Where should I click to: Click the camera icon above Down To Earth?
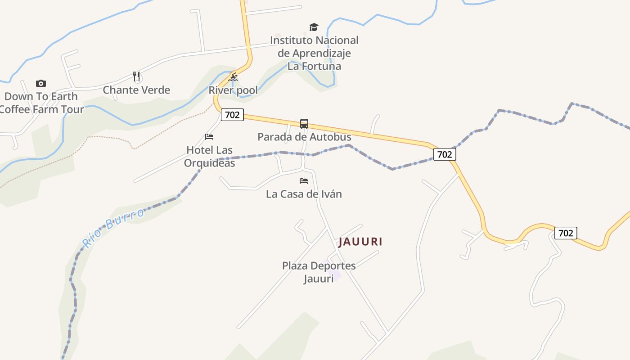click(40, 83)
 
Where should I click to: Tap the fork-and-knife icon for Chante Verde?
click(137, 76)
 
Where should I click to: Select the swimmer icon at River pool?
click(233, 77)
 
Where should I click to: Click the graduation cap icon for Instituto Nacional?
click(314, 27)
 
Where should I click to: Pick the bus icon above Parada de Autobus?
click(304, 123)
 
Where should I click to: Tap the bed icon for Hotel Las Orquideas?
click(209, 136)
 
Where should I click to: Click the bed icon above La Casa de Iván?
click(304, 181)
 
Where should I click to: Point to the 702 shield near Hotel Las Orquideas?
click(232, 115)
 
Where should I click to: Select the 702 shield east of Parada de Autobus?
click(445, 154)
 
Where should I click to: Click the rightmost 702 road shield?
click(566, 233)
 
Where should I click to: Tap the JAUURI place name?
click(360, 242)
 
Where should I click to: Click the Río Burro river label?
click(113, 228)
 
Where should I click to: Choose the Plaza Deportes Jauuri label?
click(319, 272)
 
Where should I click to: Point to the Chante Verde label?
click(136, 90)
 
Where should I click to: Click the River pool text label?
click(233, 90)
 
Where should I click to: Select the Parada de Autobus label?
click(304, 136)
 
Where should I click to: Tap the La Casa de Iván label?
click(304, 194)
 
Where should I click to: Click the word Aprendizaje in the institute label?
click(314, 53)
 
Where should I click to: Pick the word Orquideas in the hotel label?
click(209, 163)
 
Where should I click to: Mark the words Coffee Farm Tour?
click(42, 109)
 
